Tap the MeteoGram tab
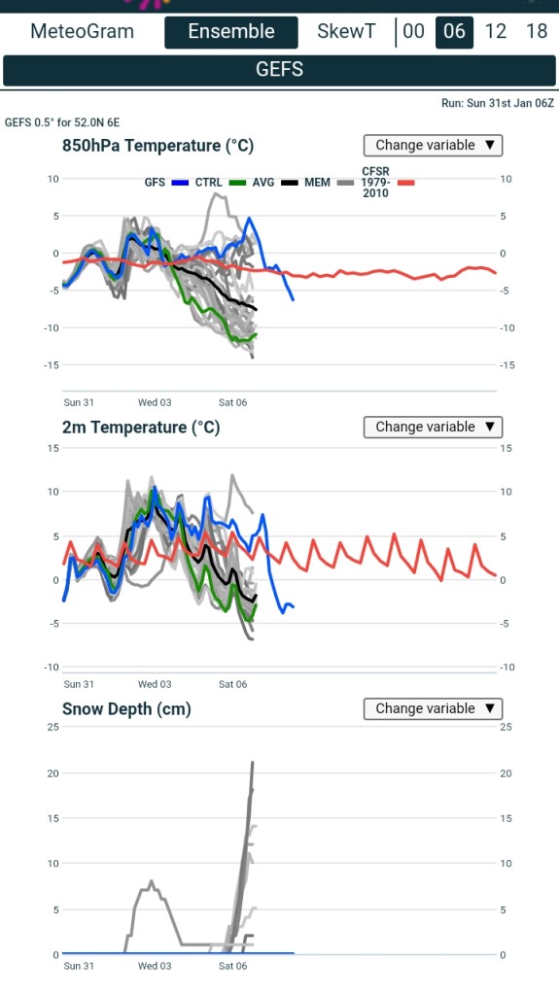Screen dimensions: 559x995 [82, 31]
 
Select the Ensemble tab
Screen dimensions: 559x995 [231, 32]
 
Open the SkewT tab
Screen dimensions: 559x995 [346, 31]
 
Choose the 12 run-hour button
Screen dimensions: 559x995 [496, 31]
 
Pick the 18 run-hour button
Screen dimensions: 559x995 [537, 31]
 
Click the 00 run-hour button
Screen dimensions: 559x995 [413, 31]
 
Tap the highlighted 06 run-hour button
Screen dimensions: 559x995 [454, 32]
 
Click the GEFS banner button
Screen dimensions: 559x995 [280, 70]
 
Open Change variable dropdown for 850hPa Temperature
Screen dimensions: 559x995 [434, 146]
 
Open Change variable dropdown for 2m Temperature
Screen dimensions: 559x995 [434, 428]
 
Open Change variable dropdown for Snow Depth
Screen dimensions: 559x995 [434, 708]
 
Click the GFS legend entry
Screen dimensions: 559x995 [166, 183]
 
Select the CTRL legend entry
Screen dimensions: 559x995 [220, 183]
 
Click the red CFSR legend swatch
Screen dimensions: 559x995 [406, 183]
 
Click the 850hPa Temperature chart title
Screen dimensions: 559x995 [157, 146]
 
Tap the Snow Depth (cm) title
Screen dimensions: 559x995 [126, 709]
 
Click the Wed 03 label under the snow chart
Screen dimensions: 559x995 [155, 966]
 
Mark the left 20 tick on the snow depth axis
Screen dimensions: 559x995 [52, 773]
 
